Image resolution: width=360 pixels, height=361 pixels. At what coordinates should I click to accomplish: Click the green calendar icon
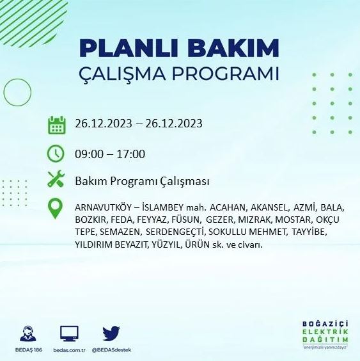coord(57,124)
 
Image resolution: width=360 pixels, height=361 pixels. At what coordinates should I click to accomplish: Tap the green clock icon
coord(57,154)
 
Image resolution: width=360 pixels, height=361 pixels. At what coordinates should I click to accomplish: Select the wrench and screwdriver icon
coord(57,180)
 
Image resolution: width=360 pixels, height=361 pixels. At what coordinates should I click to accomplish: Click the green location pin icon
coord(57,208)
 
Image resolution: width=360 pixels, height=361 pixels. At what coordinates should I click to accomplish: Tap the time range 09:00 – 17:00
coord(110,154)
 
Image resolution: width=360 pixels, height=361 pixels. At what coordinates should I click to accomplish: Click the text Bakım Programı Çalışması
coord(142,181)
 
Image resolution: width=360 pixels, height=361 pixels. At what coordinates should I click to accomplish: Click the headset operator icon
coord(28,333)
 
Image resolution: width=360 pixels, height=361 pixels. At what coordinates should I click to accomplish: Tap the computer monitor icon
coord(69,333)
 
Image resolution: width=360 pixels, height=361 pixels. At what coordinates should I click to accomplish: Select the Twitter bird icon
coord(111,333)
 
